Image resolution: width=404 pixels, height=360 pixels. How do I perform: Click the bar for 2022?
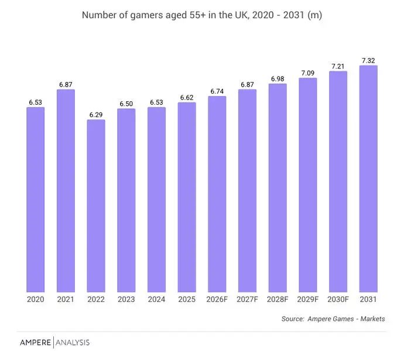(96, 205)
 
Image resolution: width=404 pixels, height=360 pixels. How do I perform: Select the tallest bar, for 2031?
(368, 179)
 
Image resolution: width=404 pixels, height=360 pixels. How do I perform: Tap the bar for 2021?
(66, 191)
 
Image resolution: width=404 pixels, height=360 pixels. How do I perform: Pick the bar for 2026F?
(217, 194)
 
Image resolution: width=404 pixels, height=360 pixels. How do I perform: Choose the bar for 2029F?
(308, 185)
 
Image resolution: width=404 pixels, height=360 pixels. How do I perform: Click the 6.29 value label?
(96, 115)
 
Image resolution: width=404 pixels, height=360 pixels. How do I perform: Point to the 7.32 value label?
(368, 60)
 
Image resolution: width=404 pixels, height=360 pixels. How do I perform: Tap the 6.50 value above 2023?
(126, 104)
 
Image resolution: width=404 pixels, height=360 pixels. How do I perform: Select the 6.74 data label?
(217, 91)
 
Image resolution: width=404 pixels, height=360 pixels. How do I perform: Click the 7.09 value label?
(308, 73)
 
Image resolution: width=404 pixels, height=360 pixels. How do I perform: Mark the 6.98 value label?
(278, 79)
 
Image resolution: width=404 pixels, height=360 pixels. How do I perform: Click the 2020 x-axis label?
(36, 299)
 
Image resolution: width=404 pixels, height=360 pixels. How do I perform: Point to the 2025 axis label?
(187, 299)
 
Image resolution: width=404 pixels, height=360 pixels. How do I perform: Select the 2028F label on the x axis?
(278, 299)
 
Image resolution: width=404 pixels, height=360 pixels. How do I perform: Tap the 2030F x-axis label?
(338, 299)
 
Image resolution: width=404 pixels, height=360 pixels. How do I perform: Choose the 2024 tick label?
(156, 299)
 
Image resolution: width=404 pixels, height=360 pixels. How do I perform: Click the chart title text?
(202, 15)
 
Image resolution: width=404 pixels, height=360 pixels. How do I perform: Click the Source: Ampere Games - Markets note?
(333, 319)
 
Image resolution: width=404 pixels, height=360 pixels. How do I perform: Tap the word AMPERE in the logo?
(35, 342)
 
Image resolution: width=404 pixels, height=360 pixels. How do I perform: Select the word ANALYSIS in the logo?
(73, 342)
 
